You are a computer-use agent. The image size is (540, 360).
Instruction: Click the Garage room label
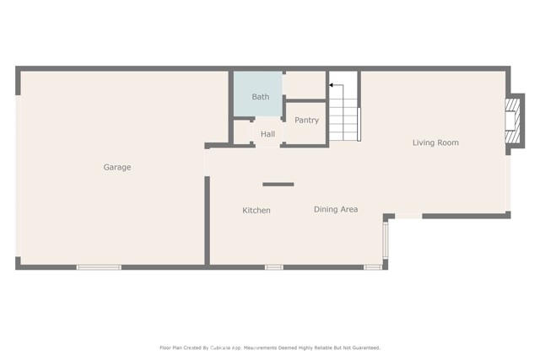pyautogui.click(x=117, y=167)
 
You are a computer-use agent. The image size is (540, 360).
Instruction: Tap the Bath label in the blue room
pyautogui.click(x=261, y=97)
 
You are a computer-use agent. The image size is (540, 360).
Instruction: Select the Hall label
pyautogui.click(x=267, y=134)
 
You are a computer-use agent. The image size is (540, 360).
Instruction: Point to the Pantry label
pyautogui.click(x=306, y=121)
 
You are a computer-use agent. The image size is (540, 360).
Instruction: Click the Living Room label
pyautogui.click(x=435, y=142)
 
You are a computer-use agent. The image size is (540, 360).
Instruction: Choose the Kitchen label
pyautogui.click(x=256, y=210)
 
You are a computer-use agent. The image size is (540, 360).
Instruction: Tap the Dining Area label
pyautogui.click(x=336, y=209)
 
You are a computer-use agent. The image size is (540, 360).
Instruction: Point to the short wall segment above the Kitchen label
pyautogui.click(x=278, y=184)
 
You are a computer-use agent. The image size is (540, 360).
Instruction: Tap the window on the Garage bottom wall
pyautogui.click(x=99, y=267)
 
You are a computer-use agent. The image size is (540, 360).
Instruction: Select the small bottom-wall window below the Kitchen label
pyautogui.click(x=273, y=267)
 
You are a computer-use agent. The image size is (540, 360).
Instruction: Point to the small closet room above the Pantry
pyautogui.click(x=305, y=85)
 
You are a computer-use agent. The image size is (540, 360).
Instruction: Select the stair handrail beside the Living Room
pyautogui.click(x=359, y=124)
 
